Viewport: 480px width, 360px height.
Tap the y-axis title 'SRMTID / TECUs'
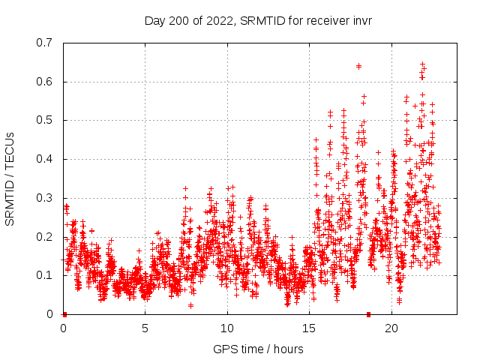[x=10, y=178]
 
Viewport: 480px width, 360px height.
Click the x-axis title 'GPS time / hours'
[x=258, y=349]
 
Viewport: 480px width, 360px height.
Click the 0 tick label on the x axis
[x=63, y=328]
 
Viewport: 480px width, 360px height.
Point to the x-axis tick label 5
[x=145, y=328]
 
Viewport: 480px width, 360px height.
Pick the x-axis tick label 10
[x=227, y=328]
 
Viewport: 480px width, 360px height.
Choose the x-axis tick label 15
[x=309, y=328]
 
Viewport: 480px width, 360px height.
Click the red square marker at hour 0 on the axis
[x=64, y=314]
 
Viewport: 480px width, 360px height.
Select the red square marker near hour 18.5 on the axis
[x=368, y=314]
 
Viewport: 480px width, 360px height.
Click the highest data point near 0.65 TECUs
[x=422, y=64]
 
